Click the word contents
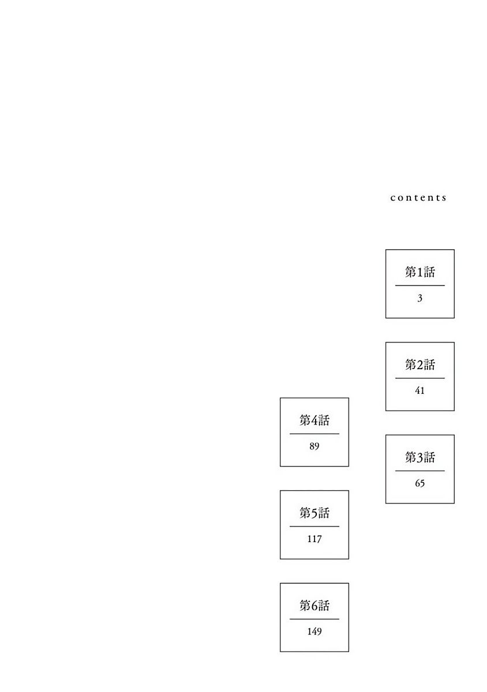(x=418, y=198)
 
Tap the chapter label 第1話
(x=420, y=272)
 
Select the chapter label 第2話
(x=420, y=365)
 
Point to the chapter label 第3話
(x=420, y=457)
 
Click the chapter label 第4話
(x=314, y=420)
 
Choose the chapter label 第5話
(x=314, y=513)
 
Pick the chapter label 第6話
(x=314, y=606)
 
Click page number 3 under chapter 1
(x=419, y=298)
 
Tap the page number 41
(x=419, y=391)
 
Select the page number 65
(x=419, y=483)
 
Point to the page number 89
(x=314, y=446)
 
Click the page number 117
(x=314, y=539)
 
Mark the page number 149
(x=314, y=632)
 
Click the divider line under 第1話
(x=420, y=285)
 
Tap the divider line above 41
(x=420, y=378)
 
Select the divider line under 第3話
(x=420, y=471)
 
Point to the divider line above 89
(x=314, y=434)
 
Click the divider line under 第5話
(x=314, y=526)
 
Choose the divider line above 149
(x=314, y=619)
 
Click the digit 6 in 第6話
(x=314, y=606)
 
